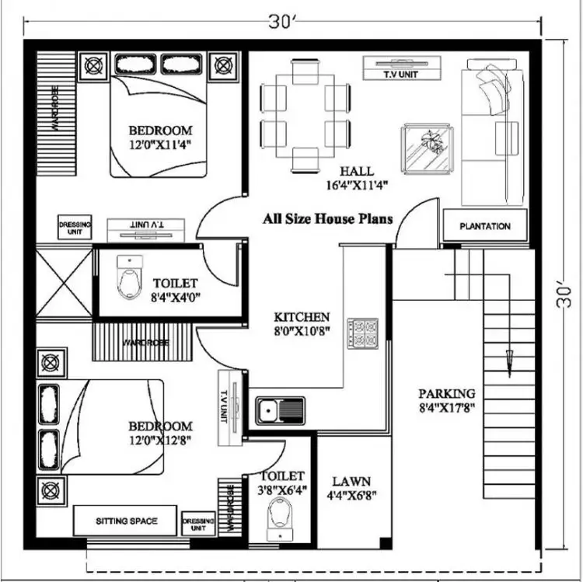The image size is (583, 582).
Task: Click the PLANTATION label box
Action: tap(485, 226)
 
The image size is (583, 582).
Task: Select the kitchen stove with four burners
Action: tap(362, 333)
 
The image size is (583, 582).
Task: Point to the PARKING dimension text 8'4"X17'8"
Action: tap(446, 406)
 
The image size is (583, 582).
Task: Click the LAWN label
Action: tap(351, 481)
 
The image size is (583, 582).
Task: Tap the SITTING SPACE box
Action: tap(126, 521)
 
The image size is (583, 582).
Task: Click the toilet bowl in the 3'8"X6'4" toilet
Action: tap(277, 517)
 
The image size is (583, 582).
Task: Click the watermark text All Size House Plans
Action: tap(326, 219)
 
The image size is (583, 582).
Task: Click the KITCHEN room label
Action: tap(302, 317)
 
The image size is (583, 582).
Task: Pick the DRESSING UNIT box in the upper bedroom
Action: tap(75, 228)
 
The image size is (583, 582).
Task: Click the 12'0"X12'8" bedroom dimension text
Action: tap(159, 440)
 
